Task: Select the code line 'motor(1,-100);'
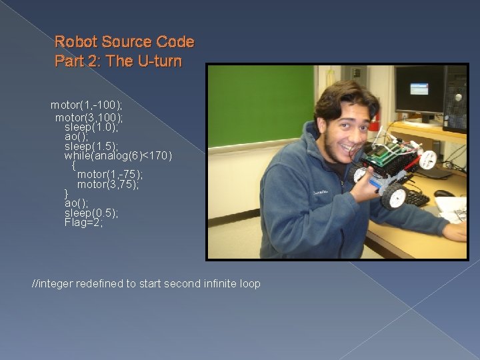[87, 105]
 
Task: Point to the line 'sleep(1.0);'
[91, 126]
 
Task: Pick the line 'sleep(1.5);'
[91, 146]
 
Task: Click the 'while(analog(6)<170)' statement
[118, 156]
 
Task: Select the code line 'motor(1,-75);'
[110, 175]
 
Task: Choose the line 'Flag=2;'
[84, 223]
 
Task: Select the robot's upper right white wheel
[446, 159]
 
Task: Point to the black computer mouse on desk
[444, 193]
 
